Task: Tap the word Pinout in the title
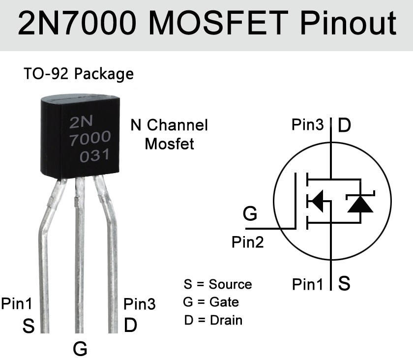(348, 23)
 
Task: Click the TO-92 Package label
(79, 74)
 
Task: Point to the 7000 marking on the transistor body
(90, 138)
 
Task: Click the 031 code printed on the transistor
(94, 155)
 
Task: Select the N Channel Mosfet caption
(169, 134)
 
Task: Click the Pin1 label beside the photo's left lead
(17, 303)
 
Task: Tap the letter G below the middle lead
(80, 348)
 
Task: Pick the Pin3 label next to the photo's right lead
(139, 304)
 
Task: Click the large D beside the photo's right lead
(130, 325)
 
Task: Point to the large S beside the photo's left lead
(29, 326)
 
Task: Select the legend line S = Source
(217, 284)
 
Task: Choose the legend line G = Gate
(211, 302)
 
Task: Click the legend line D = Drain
(213, 320)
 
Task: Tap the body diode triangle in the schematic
(360, 204)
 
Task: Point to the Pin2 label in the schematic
(248, 242)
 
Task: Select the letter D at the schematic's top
(344, 125)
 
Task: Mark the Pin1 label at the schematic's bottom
(307, 284)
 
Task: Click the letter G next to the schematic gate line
(250, 213)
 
